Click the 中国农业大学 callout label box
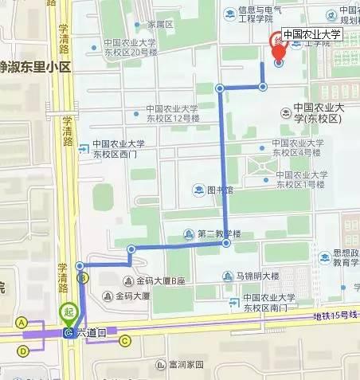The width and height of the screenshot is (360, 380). [311, 34]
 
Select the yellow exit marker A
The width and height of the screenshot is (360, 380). [22, 322]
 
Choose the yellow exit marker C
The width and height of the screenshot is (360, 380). [124, 341]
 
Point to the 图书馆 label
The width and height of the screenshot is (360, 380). [219, 190]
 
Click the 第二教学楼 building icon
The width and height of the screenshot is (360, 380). [189, 234]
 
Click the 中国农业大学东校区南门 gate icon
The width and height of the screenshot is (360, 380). [233, 300]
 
